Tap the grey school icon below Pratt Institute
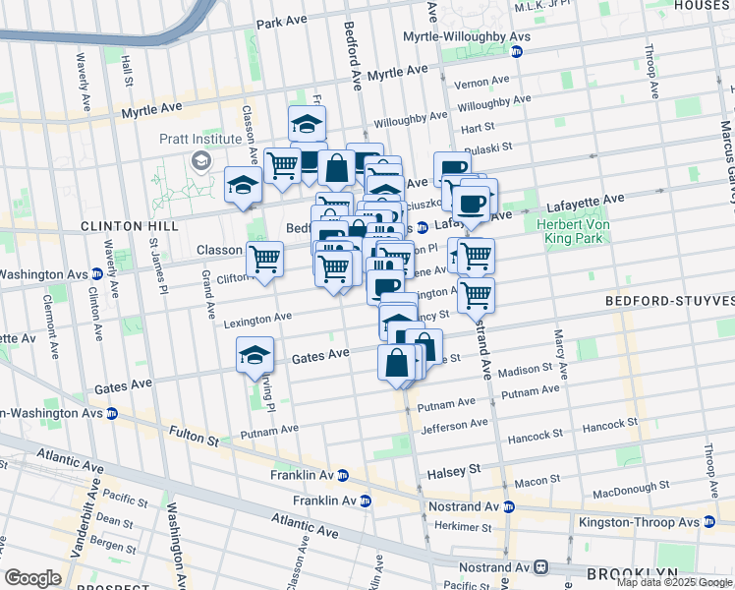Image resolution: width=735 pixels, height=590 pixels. coord(201,160)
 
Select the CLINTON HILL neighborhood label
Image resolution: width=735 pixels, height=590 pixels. coord(130,226)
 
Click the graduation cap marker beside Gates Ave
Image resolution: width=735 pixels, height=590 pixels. coord(254,356)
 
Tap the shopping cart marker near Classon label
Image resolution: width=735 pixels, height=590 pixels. coord(263,260)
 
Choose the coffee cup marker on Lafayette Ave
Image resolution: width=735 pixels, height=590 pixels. coord(473,204)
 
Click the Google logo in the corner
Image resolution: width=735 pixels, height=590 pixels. coord(32,578)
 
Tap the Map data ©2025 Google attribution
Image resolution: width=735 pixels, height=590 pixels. coord(674,582)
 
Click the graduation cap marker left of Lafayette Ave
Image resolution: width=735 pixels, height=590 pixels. coord(243,184)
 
